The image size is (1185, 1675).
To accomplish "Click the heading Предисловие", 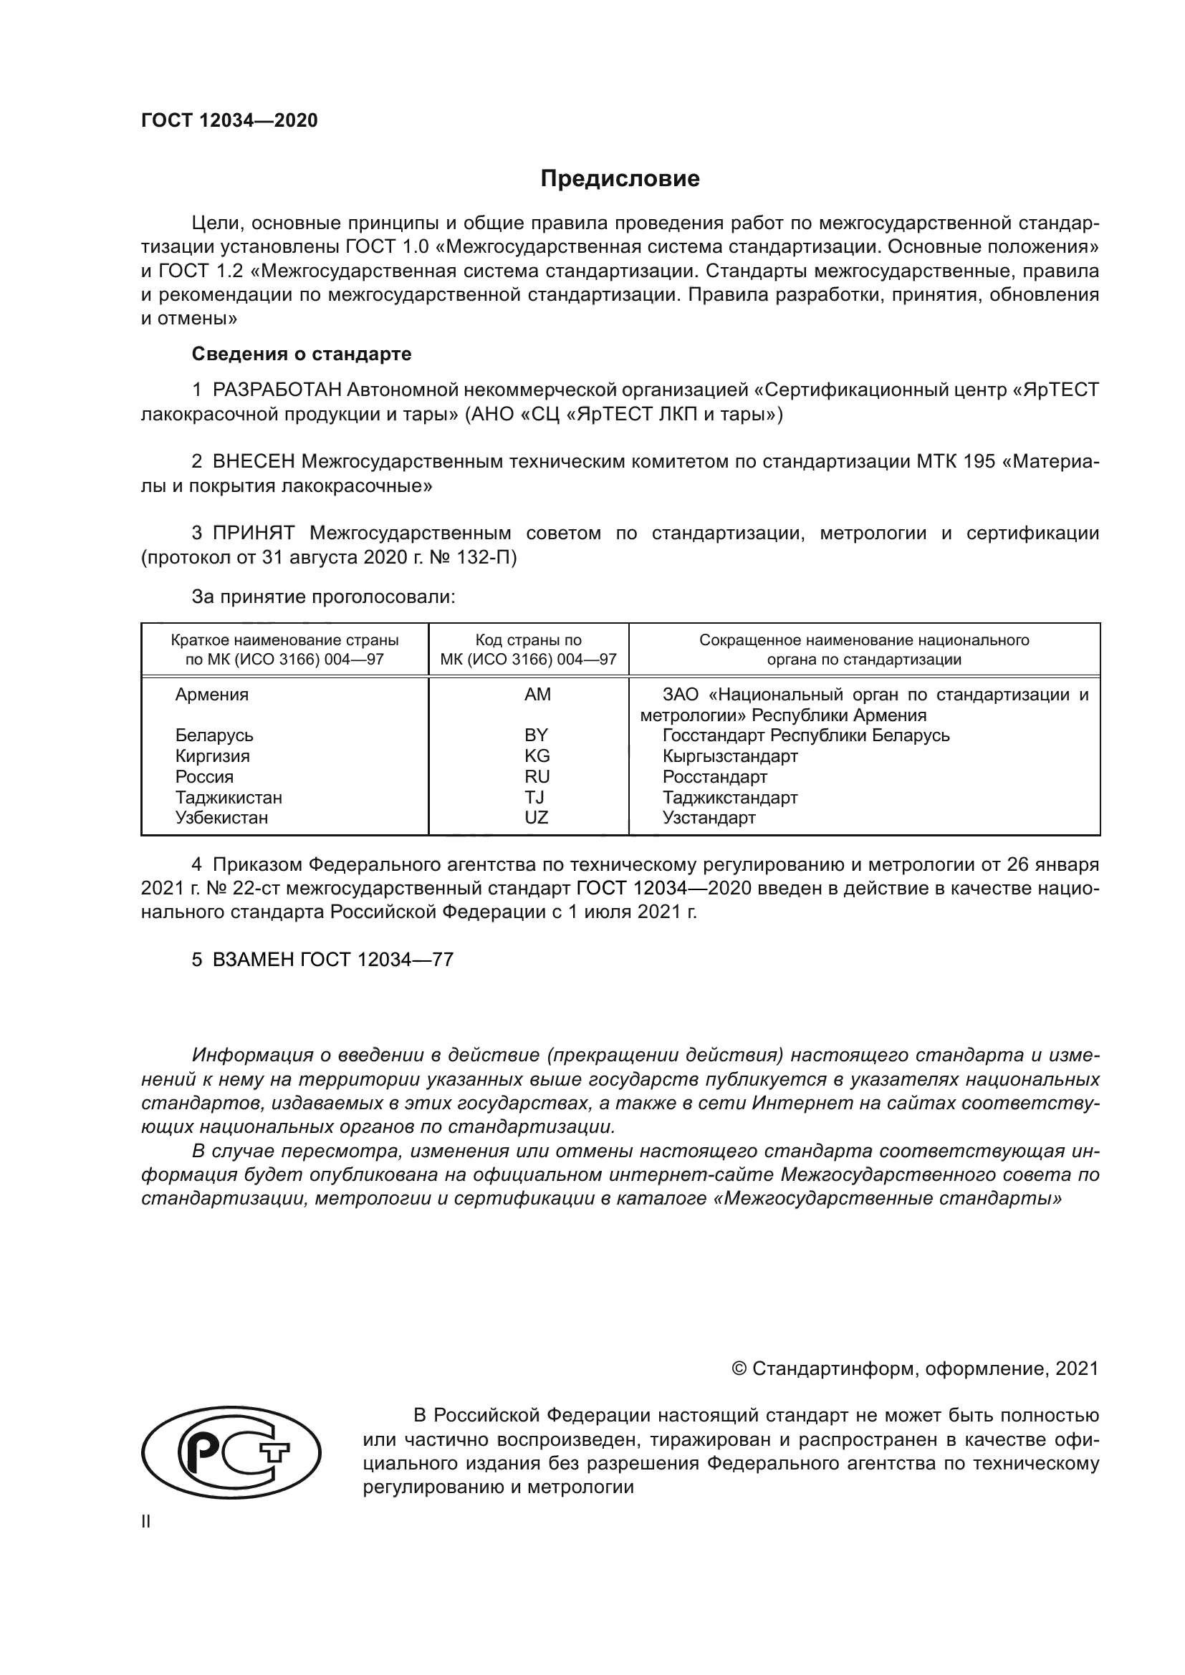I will (620, 179).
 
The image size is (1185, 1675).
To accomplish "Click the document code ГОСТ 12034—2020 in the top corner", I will (229, 121).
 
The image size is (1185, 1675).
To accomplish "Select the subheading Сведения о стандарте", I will (302, 354).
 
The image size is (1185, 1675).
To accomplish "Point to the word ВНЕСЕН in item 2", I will (254, 462).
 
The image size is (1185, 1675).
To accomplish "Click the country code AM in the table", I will (537, 695).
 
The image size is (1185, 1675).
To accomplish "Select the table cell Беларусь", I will (214, 735).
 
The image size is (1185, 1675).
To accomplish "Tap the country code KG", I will (537, 756).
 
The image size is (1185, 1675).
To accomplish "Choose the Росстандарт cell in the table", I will (714, 776).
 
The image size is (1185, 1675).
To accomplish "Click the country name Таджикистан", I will (229, 797).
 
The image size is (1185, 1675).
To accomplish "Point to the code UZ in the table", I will (536, 818).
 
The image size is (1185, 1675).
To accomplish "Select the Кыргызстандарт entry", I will (729, 756).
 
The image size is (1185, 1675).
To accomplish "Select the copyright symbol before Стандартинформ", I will (738, 1369).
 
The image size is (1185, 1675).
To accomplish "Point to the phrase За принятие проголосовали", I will (323, 597).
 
